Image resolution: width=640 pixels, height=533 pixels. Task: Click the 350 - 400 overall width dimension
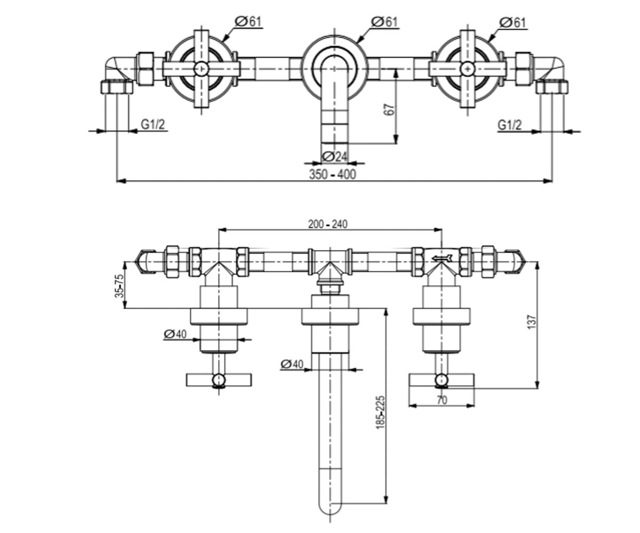[332, 175]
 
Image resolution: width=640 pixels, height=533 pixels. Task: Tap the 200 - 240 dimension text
[327, 224]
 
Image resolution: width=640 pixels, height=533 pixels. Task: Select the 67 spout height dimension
[389, 109]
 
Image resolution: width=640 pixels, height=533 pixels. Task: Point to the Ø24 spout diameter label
[334, 157]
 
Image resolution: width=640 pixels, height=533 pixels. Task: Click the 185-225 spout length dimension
[380, 413]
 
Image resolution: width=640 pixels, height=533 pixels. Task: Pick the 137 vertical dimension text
[532, 322]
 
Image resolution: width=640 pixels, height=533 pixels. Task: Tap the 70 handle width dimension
[442, 400]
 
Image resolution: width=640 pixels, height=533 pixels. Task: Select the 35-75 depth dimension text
[120, 286]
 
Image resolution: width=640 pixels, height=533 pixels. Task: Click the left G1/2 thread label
[153, 124]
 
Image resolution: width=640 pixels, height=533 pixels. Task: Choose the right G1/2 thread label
[509, 125]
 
